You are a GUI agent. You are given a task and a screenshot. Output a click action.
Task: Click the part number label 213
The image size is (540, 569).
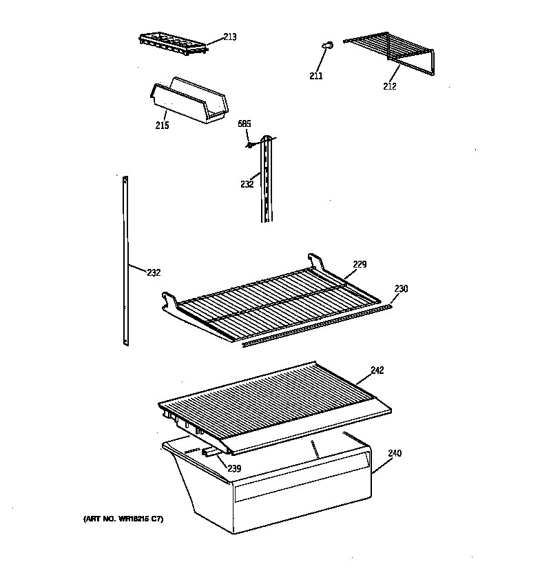[229, 37]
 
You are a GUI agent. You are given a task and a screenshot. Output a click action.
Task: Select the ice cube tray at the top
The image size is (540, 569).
[172, 43]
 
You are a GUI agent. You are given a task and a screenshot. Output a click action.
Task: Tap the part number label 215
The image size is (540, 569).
[162, 126]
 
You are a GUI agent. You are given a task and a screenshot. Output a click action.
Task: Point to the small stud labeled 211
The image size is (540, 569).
[326, 46]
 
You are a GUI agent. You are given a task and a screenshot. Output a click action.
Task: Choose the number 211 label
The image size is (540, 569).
[315, 76]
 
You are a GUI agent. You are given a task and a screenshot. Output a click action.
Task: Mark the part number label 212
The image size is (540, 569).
[390, 86]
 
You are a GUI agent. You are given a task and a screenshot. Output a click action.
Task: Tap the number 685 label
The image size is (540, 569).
[245, 124]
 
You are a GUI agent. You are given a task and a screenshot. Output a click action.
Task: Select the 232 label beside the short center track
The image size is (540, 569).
[247, 184]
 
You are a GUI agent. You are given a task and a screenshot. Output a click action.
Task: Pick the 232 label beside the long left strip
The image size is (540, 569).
[153, 272]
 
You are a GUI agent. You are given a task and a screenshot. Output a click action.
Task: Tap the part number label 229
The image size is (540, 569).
[360, 264]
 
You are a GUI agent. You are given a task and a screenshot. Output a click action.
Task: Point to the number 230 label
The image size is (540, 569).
[401, 288]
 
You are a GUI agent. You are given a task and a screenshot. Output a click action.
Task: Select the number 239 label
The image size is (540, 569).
[234, 468]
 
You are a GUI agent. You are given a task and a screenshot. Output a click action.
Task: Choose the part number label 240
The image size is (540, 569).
[395, 453]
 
